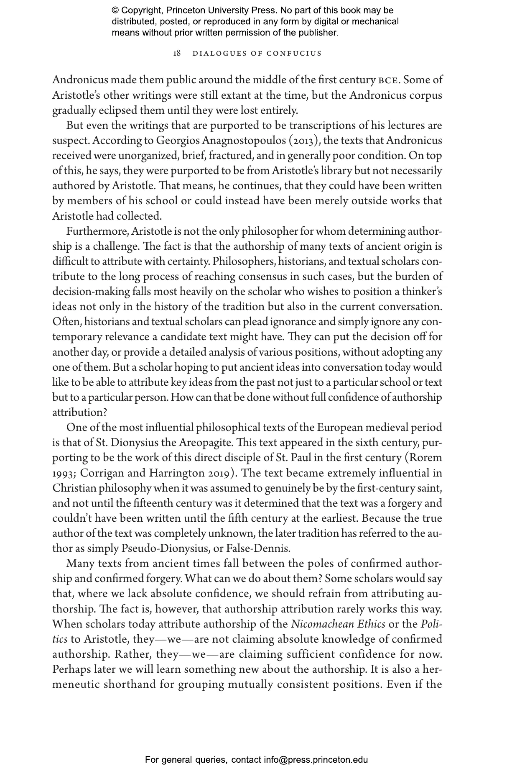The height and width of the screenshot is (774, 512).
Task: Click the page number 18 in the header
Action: click(177, 54)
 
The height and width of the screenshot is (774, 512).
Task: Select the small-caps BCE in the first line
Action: click(389, 80)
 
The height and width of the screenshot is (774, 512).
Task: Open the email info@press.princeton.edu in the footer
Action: click(316, 760)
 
